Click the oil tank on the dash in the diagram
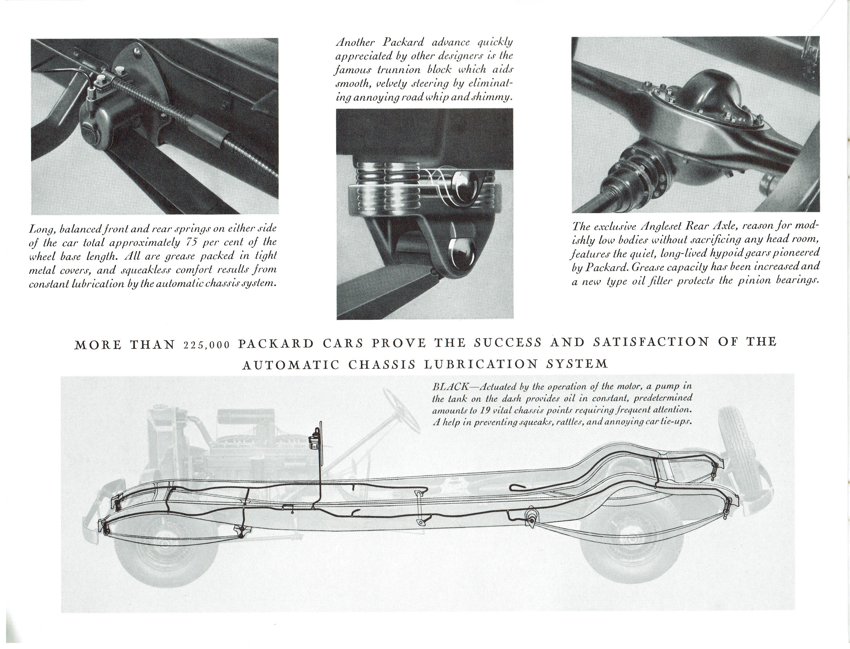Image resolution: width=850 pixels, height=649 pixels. tap(314, 440)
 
